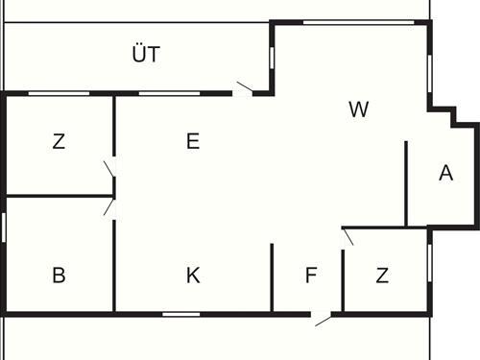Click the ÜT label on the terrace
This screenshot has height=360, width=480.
(x=146, y=55)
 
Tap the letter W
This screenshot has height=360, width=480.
(x=358, y=109)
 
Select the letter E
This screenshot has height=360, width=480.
(x=193, y=142)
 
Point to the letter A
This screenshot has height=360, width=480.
(x=444, y=174)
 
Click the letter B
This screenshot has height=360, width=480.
(x=59, y=276)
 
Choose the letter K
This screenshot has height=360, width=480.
(x=193, y=276)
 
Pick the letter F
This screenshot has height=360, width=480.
(x=310, y=276)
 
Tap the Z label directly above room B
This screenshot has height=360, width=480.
(x=59, y=142)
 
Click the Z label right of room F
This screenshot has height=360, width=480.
(x=382, y=276)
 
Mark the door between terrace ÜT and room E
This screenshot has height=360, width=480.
(x=246, y=90)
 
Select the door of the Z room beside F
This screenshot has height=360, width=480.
(x=348, y=236)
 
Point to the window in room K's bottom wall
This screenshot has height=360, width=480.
(x=180, y=313)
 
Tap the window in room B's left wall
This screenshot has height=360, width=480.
(x=5, y=228)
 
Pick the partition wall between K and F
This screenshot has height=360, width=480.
(x=273, y=277)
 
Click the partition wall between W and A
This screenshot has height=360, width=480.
(x=407, y=183)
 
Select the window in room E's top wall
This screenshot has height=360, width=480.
(x=169, y=93)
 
